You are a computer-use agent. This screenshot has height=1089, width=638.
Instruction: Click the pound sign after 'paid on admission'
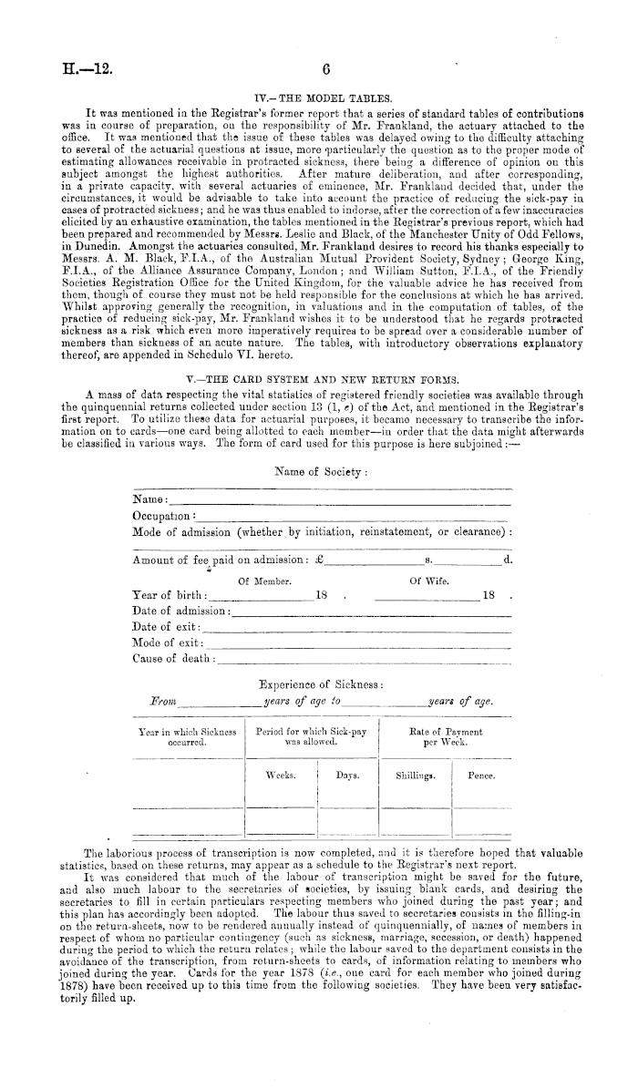tap(318, 559)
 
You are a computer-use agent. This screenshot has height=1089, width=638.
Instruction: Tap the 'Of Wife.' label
tap(427, 580)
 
